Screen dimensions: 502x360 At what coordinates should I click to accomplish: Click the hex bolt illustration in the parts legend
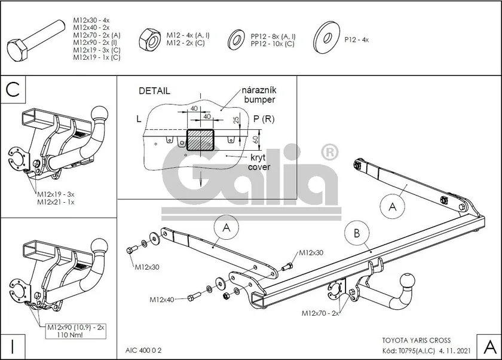click(x=35, y=42)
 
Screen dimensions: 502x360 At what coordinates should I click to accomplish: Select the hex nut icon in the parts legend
click(x=150, y=39)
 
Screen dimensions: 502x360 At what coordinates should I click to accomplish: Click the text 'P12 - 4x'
click(x=356, y=39)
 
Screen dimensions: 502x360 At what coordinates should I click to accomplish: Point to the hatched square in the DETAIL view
click(x=200, y=140)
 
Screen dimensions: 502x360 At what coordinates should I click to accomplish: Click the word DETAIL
click(x=154, y=91)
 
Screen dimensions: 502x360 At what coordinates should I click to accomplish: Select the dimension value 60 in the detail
click(x=256, y=140)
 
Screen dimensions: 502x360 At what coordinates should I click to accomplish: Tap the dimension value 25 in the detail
click(x=236, y=120)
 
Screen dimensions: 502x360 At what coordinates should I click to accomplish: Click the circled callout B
click(x=357, y=233)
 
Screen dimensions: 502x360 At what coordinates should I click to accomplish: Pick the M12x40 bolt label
click(x=162, y=300)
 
